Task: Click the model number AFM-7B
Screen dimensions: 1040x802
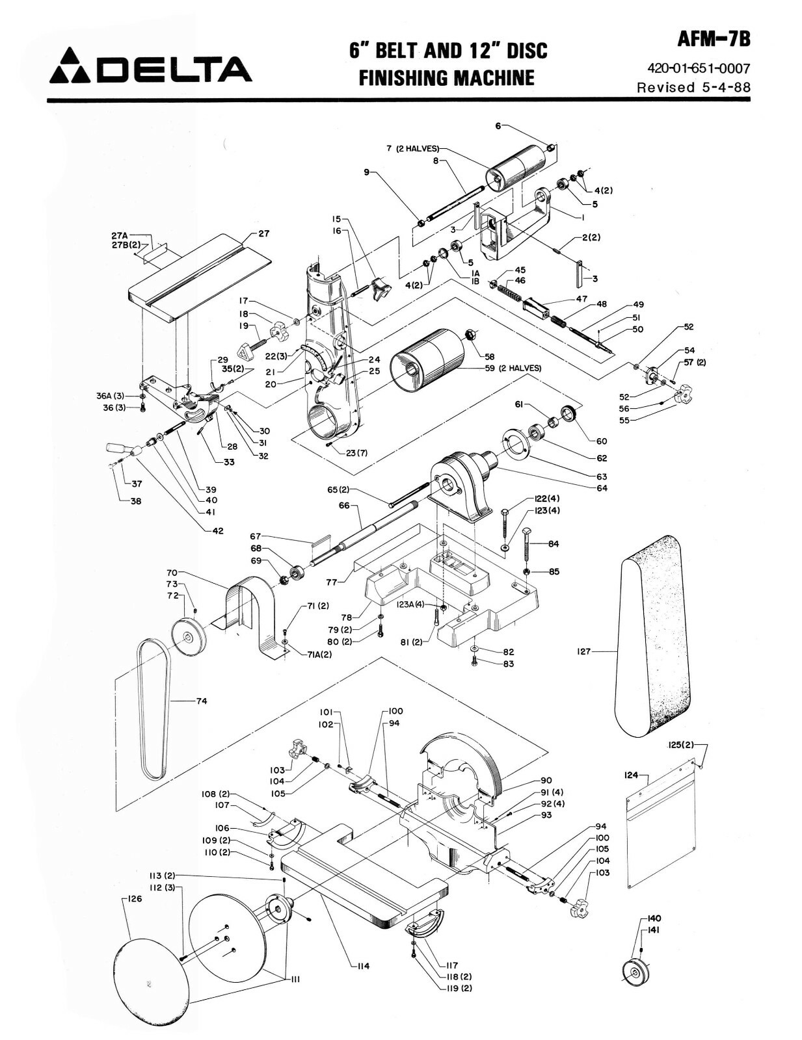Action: point(714,40)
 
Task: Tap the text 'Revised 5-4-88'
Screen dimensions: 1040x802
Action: point(693,87)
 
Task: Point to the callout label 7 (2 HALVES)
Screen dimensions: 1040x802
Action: point(412,149)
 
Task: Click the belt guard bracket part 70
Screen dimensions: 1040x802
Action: point(250,611)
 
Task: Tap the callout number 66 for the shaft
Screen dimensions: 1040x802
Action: point(344,505)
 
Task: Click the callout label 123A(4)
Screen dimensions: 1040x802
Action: point(410,604)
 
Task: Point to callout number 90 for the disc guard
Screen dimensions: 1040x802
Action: point(546,781)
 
